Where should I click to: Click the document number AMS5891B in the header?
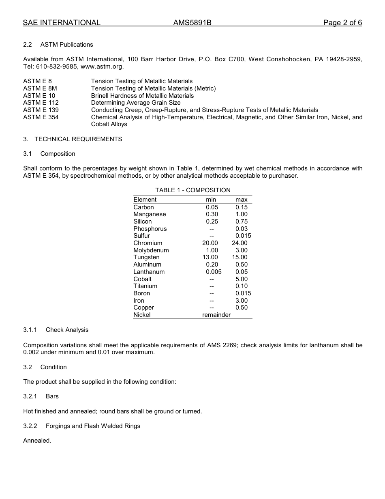(192, 23)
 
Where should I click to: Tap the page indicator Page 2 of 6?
(342, 23)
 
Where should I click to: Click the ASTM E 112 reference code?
(41, 103)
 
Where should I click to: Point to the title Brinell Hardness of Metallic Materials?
(142, 96)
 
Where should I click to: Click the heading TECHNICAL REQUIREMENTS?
(78, 139)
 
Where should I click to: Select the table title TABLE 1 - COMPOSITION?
(193, 190)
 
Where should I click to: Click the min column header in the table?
(211, 200)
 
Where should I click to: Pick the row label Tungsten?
(146, 257)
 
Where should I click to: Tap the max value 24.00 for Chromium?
(240, 243)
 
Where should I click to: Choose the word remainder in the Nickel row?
(216, 315)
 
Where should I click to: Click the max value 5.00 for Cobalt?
(242, 279)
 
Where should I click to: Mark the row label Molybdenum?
(151, 250)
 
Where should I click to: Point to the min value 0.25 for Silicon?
(212, 222)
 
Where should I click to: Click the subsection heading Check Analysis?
(67, 330)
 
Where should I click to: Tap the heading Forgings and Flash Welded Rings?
(93, 426)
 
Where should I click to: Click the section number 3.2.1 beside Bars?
(30, 396)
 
